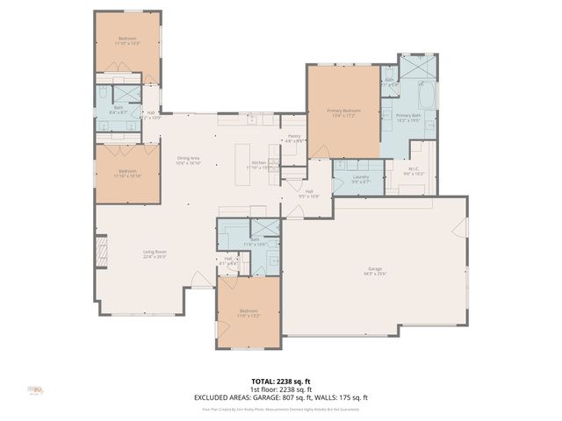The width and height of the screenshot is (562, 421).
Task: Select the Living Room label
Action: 155,254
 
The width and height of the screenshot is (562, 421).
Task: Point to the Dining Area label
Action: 189,160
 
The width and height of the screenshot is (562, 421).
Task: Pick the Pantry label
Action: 294,138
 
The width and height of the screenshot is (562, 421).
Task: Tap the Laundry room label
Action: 360,179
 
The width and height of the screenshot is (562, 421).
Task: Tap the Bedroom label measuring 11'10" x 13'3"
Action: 128,40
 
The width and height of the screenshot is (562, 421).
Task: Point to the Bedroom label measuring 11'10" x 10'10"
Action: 128,173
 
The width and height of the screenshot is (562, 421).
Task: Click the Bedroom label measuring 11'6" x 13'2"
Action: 249,313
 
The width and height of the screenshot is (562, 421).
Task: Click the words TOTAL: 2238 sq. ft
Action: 281,381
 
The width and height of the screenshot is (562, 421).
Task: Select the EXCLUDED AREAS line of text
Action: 281,397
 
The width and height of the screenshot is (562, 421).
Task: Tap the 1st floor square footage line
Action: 281,389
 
